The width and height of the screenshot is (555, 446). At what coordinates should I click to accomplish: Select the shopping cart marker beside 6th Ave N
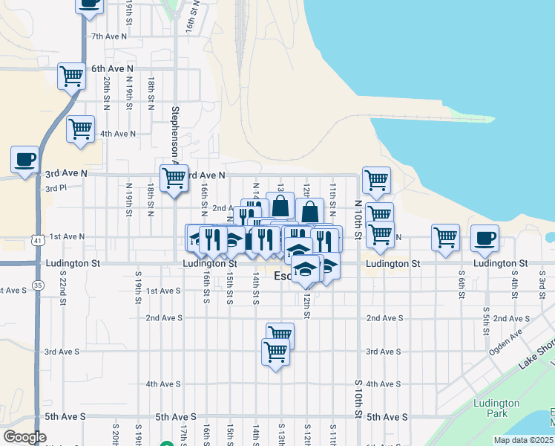(x=72, y=75)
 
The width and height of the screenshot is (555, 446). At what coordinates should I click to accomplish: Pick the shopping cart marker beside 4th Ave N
(x=80, y=128)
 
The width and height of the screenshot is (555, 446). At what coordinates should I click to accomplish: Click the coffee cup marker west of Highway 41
(x=24, y=158)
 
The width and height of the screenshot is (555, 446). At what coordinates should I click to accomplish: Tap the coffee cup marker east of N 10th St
(x=485, y=238)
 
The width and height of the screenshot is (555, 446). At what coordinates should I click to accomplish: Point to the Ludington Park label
(x=491, y=409)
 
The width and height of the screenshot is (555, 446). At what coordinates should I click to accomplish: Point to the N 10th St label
(x=358, y=219)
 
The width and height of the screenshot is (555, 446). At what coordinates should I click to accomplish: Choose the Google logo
(x=24, y=437)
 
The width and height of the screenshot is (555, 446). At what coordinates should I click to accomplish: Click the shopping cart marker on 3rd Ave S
(x=275, y=351)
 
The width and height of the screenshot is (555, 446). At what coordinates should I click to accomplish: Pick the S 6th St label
(x=462, y=285)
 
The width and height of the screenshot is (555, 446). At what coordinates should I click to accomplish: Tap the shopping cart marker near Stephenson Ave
(x=174, y=178)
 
